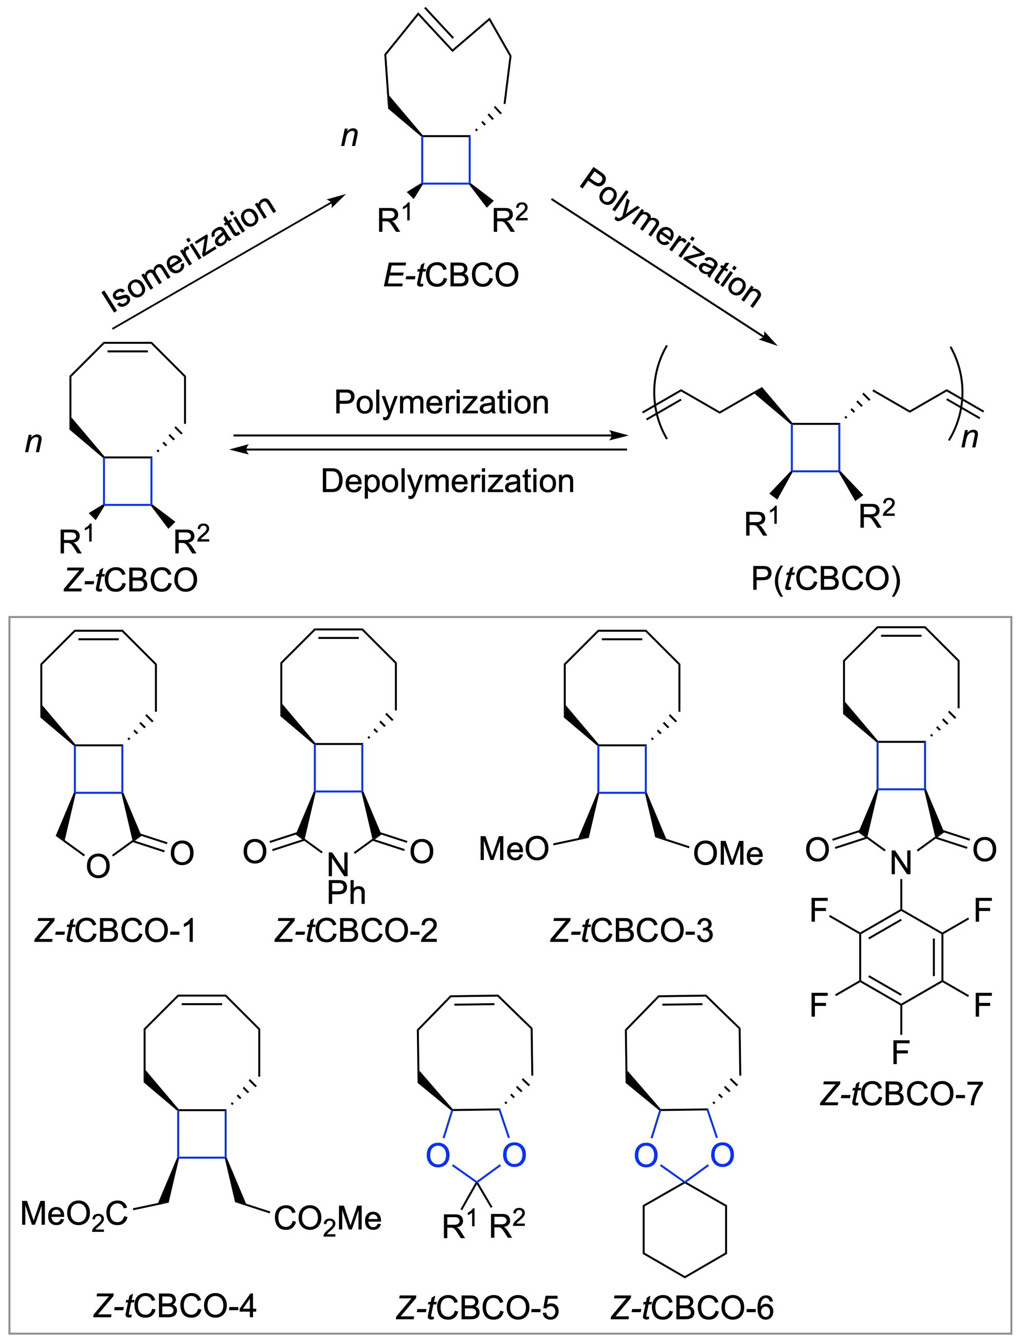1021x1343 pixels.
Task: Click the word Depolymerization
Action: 447,481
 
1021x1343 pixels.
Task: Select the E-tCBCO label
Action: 451,275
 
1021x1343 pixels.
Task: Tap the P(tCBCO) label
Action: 825,579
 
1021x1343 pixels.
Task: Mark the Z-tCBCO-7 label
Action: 901,1093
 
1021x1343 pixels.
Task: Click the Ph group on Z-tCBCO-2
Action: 347,892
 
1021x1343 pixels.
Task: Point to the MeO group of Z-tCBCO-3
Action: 514,849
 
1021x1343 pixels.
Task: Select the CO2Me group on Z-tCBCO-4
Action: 327,1219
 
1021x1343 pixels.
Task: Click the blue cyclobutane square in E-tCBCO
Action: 446,159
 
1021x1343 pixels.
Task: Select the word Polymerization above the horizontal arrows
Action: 441,402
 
